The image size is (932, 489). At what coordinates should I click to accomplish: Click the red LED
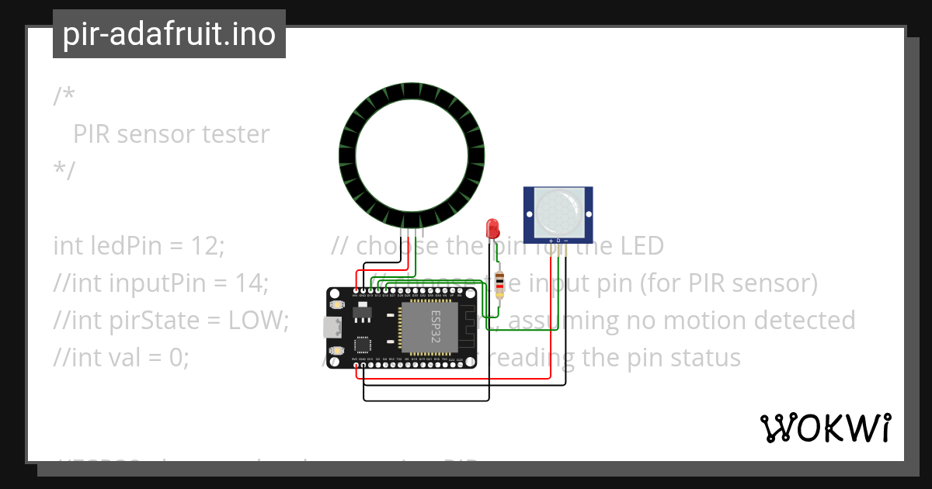(492, 228)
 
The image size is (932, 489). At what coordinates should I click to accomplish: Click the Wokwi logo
(825, 428)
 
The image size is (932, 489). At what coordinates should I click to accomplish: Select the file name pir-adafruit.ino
(169, 35)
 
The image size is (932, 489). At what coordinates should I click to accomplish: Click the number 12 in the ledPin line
(206, 246)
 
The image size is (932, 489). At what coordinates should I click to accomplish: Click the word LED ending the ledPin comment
(642, 246)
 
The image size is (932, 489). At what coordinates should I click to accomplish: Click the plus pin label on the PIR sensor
(551, 241)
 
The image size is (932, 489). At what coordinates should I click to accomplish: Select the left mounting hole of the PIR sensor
(529, 213)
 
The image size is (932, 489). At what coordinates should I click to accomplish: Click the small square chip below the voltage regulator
(362, 344)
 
